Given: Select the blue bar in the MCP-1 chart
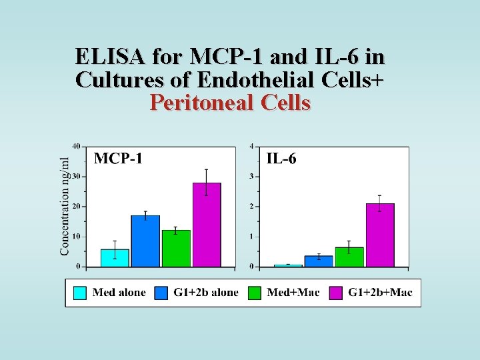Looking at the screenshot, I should tap(145, 241).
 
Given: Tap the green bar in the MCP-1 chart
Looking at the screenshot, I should tap(176, 248).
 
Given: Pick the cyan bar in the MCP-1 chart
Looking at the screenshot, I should tap(115, 258).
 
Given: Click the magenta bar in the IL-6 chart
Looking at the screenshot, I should tap(380, 235).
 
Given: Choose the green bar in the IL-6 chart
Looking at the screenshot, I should tap(349, 257).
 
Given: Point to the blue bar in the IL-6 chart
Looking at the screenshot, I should tap(319, 261).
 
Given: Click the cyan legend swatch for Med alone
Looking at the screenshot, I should tap(80, 292).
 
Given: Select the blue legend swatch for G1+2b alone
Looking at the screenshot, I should tap(161, 292).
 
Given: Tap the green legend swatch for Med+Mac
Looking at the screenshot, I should tap(254, 292).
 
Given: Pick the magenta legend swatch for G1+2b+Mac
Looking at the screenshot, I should tap(336, 292).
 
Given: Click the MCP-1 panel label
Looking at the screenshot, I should tap(117, 159).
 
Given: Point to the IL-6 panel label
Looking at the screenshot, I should tap(281, 159).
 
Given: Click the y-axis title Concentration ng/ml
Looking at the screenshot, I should tap(65, 206).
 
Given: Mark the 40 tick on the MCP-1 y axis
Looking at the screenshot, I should tap(76, 146).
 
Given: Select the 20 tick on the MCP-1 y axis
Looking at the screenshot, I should tap(76, 207).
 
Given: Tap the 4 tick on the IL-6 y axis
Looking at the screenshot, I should tap(251, 146).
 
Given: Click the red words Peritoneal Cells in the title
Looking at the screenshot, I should tap(230, 103).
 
